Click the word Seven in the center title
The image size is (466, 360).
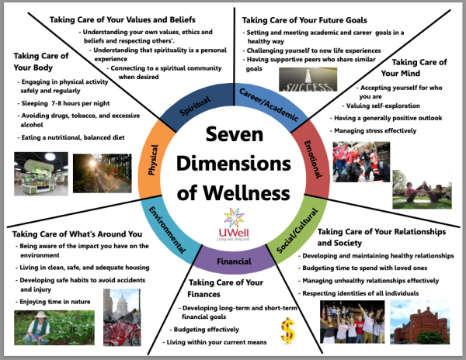click(x=233, y=135)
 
